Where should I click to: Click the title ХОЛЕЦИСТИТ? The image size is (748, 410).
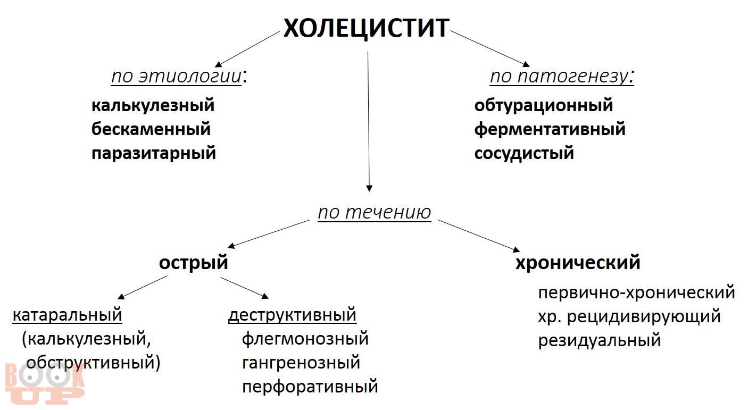click(367, 28)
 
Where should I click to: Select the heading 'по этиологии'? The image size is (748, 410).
click(176, 76)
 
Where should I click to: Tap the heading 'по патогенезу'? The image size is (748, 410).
click(559, 77)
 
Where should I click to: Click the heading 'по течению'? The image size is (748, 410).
click(375, 212)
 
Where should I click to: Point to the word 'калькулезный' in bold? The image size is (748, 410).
click(153, 105)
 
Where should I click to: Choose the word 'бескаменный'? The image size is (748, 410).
click(151, 129)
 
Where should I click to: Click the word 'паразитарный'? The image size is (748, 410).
click(154, 154)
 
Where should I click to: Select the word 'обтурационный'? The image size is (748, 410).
click(544, 105)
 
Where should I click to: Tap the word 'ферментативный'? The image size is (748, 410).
click(550, 130)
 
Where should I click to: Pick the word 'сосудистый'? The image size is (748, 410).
click(524, 154)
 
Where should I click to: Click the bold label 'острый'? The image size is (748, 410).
click(193, 263)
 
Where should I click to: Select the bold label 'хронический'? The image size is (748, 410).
click(578, 262)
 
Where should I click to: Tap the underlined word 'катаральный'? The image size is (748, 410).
click(67, 315)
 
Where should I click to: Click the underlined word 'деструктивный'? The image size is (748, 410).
click(292, 315)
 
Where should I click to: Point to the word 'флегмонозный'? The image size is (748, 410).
click(305, 339)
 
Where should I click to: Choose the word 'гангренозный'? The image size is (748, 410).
click(301, 363)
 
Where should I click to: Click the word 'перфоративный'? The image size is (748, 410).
click(310, 387)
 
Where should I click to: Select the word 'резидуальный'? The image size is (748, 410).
click(600, 340)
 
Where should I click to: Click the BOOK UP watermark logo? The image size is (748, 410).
click(45, 384)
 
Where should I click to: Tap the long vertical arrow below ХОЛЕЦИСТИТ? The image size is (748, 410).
click(368, 122)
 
